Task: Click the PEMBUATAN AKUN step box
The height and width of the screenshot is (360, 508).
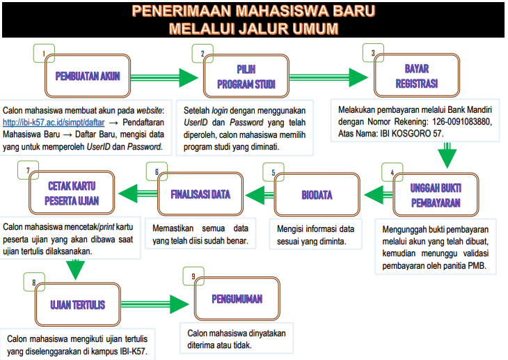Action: click(x=88, y=76)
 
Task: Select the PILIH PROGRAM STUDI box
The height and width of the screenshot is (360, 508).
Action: click(x=246, y=76)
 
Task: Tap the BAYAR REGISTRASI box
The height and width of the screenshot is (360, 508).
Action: click(x=417, y=75)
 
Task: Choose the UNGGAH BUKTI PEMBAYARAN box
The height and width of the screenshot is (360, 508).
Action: click(x=436, y=194)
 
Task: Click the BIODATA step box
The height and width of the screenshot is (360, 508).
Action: click(x=317, y=194)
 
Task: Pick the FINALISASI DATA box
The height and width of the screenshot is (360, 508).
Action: click(x=200, y=194)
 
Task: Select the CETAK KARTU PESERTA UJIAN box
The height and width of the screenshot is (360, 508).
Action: click(x=72, y=193)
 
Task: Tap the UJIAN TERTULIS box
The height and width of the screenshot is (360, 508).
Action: click(x=78, y=304)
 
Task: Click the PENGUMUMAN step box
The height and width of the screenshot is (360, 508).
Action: click(x=237, y=299)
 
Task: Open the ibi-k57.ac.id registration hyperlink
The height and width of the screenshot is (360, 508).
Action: click(x=54, y=123)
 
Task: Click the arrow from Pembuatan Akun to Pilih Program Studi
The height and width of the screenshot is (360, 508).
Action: click(x=164, y=77)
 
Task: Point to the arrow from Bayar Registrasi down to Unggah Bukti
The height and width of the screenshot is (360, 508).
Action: click(x=447, y=155)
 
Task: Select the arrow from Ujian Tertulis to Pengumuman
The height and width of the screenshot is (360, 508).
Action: click(x=155, y=304)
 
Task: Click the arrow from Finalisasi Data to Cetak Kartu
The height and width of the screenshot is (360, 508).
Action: click(x=138, y=194)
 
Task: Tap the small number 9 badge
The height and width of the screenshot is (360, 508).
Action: click(x=193, y=276)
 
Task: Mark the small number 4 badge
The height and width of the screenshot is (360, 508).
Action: click(x=392, y=172)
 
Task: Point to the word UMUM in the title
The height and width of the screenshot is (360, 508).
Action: click(x=315, y=29)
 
